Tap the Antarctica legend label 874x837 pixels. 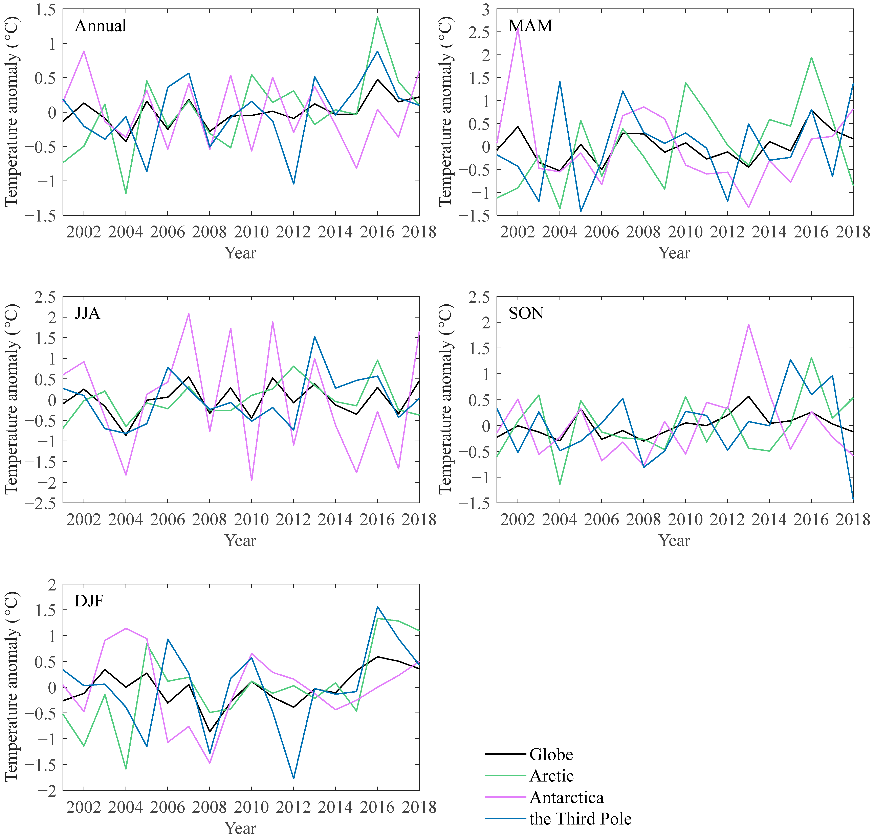[566, 797]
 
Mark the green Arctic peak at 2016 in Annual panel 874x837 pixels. [377, 17]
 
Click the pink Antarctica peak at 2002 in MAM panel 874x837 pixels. [518, 28]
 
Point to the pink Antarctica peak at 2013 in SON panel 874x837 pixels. [748, 324]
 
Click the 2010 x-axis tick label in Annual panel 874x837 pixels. [252, 232]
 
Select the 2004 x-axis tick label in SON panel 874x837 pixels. [560, 520]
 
